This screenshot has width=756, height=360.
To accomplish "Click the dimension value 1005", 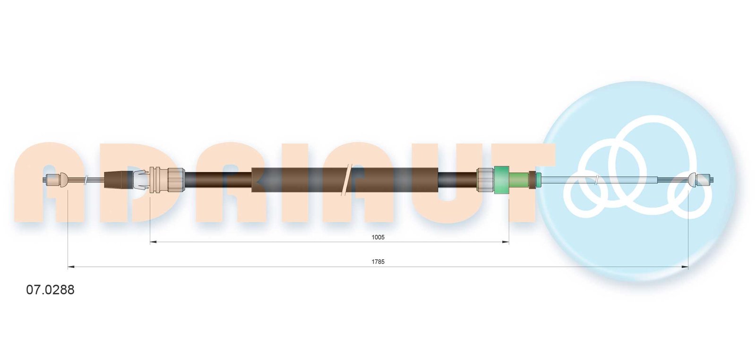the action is tap(378, 237).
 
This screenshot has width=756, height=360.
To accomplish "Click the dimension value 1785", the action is tap(378, 261).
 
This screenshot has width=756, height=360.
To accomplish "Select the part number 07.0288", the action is tap(50, 290).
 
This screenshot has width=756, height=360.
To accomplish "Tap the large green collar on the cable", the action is tap(501, 180).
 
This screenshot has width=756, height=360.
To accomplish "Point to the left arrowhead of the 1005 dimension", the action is tap(153, 242).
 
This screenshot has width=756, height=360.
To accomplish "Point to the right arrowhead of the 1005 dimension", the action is tap(506, 242).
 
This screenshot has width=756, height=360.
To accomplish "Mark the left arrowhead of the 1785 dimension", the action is tap(71, 267).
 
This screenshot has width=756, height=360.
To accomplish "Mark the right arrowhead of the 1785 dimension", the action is tap(685, 267).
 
